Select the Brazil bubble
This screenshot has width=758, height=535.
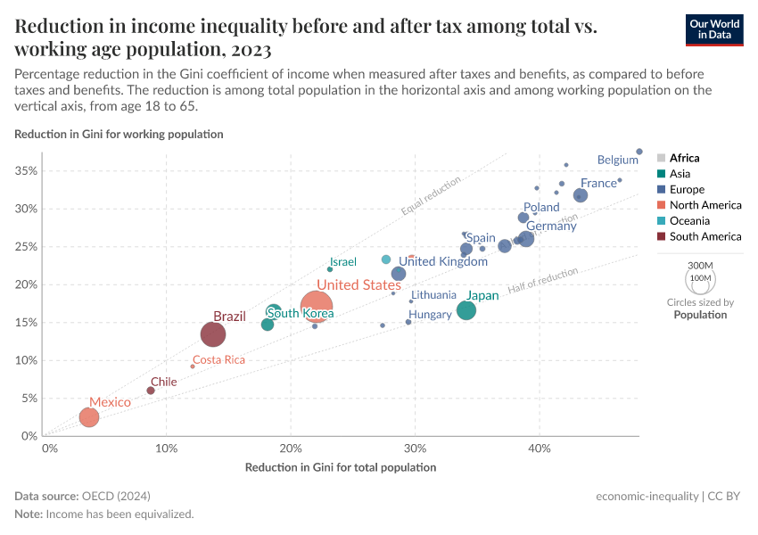point(213,334)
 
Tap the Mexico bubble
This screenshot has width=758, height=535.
point(88,417)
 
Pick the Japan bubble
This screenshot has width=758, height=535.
point(466,310)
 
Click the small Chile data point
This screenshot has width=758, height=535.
point(151,391)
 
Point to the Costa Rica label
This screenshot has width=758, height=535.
point(218,360)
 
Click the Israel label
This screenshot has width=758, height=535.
point(343,262)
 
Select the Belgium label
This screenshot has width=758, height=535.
point(617,160)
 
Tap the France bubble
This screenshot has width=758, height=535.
point(581,195)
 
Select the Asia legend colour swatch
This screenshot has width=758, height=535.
point(661,174)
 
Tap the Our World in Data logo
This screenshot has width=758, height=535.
point(714,29)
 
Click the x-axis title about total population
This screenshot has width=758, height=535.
point(340,467)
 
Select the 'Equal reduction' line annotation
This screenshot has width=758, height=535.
point(431,196)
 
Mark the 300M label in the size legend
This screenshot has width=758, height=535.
point(701,266)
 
